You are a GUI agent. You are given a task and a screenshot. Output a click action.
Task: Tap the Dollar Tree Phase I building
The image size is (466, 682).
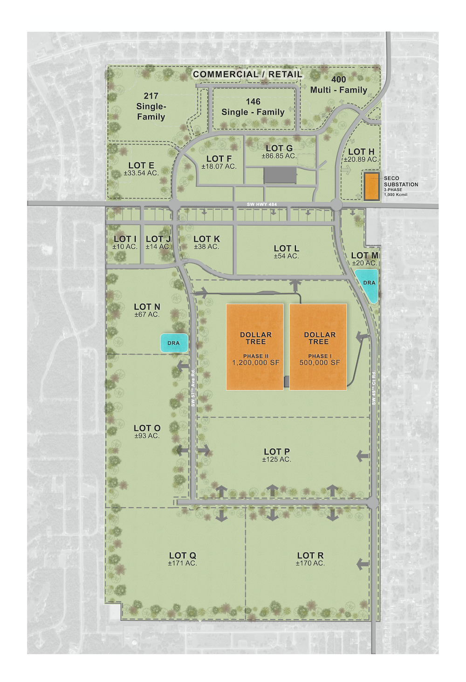click(x=318, y=347)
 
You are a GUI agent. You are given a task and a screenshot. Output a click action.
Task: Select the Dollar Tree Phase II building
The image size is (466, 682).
click(x=255, y=347)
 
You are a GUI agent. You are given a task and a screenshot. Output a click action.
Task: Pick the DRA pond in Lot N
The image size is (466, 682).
click(x=174, y=343)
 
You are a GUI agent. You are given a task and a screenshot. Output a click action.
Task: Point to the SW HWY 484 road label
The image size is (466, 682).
click(x=262, y=205)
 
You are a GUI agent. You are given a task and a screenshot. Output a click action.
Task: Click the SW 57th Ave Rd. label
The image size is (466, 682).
click(x=193, y=388)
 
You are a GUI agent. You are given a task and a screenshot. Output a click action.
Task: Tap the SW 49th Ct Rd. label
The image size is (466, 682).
click(x=374, y=388)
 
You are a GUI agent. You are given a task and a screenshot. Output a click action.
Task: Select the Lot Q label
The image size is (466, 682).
click(x=183, y=559)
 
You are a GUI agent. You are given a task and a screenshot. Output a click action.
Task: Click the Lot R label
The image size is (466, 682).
click(x=310, y=559)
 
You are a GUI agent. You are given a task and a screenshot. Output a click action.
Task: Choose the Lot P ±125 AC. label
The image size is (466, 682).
click(x=277, y=455)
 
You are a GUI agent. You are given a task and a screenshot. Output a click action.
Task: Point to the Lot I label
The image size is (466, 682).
click(x=125, y=242)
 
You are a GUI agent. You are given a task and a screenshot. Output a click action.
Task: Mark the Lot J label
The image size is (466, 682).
click(x=158, y=242)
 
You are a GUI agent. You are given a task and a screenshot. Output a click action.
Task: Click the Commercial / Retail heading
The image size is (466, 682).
click(x=247, y=74)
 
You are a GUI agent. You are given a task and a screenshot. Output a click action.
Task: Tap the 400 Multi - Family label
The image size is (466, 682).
click(x=339, y=85)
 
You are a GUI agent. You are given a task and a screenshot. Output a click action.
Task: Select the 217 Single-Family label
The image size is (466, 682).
click(x=151, y=106)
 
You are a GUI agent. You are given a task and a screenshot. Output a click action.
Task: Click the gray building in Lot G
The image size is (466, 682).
click(x=280, y=176)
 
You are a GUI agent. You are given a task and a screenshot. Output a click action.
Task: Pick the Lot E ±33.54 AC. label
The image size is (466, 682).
click(x=141, y=169)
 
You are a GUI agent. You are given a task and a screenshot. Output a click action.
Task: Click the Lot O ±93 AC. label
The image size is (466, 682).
click(x=147, y=431)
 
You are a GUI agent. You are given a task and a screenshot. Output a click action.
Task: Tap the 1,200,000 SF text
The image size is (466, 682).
click(x=255, y=362)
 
